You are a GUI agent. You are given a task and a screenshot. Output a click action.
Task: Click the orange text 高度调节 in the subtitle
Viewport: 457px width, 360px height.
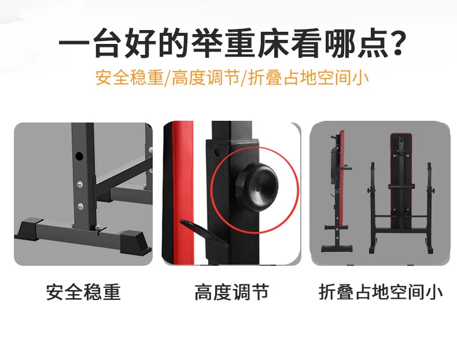click(205, 77)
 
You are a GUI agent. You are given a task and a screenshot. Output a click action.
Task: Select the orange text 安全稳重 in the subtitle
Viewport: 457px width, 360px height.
click(129, 77)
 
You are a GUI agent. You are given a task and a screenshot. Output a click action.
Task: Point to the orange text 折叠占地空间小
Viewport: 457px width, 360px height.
click(309, 77)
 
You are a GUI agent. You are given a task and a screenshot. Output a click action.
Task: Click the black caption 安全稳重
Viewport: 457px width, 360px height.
click(83, 292)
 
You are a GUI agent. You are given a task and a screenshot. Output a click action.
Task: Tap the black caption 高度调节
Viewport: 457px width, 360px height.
click(232, 292)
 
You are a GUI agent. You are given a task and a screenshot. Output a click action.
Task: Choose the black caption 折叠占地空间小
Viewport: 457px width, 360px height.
click(381, 292)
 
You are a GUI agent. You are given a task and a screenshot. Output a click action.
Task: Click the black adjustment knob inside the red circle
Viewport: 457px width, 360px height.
click(256, 186)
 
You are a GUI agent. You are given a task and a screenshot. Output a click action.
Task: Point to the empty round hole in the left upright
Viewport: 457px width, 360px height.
click(79, 155)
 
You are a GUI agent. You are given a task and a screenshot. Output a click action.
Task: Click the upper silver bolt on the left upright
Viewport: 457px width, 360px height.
click(80, 184)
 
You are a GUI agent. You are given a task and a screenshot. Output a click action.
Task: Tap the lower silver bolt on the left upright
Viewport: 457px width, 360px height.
click(80, 206)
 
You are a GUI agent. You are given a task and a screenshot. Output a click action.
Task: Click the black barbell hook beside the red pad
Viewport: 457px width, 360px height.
click(204, 232)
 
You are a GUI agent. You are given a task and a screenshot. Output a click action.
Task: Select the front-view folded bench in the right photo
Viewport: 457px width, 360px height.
click(401, 192)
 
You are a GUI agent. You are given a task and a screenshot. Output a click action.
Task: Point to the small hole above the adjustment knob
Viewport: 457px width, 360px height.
click(217, 151)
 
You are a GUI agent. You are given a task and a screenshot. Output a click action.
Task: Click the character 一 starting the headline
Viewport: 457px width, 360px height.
click(74, 44)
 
